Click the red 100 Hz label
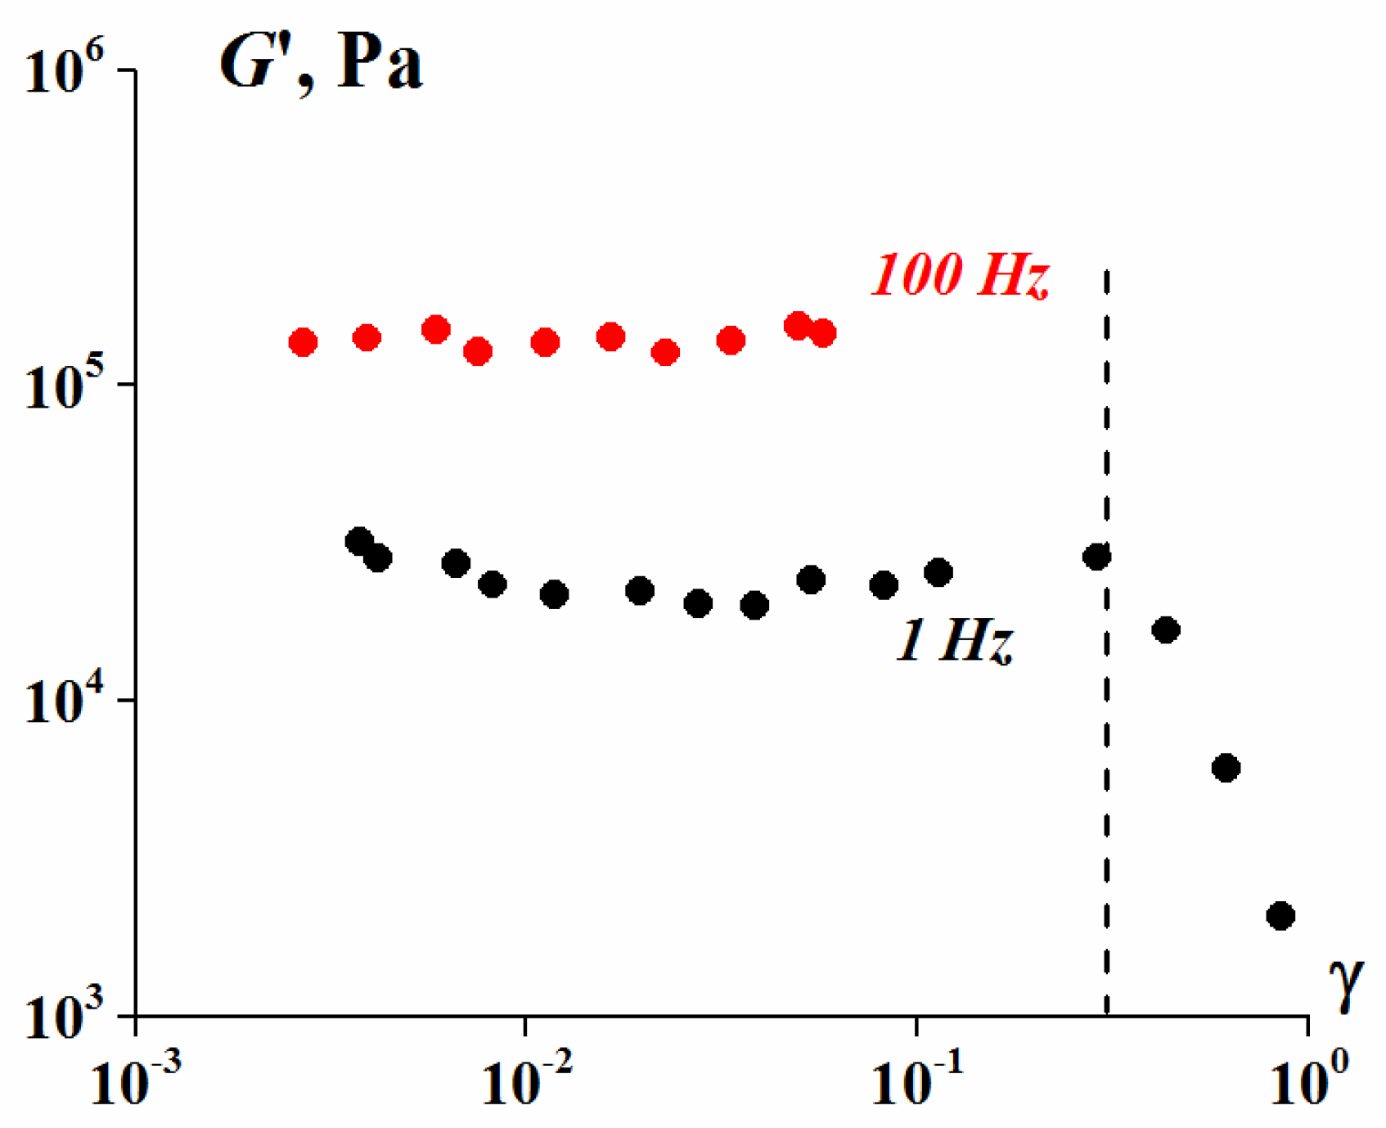[x=959, y=275]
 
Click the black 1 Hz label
[x=955, y=641]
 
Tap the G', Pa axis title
[x=321, y=65]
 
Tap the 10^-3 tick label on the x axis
[x=135, y=1081]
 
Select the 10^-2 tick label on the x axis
[x=524, y=1081]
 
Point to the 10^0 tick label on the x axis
[x=1307, y=1081]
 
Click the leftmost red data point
[x=303, y=342]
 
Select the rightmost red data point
[x=823, y=333]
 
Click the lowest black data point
[x=1280, y=915]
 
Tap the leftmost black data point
[x=358, y=540]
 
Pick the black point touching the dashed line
[x=1096, y=557]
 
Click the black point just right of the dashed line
[x=1166, y=629]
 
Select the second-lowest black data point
[x=1226, y=768]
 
